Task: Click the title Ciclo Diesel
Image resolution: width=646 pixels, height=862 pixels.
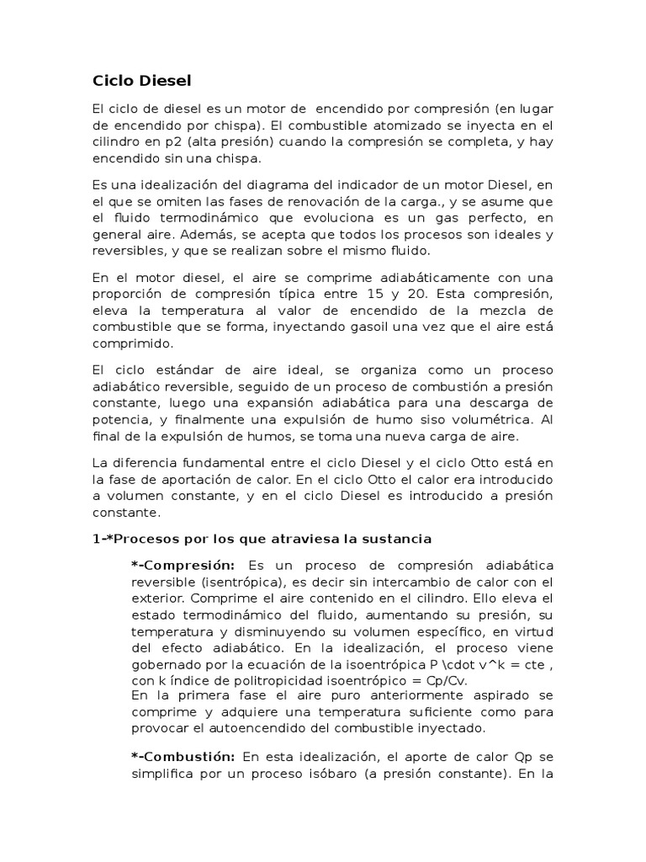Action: pos(142,81)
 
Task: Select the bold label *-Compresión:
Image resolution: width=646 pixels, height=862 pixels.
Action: pos(183,565)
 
